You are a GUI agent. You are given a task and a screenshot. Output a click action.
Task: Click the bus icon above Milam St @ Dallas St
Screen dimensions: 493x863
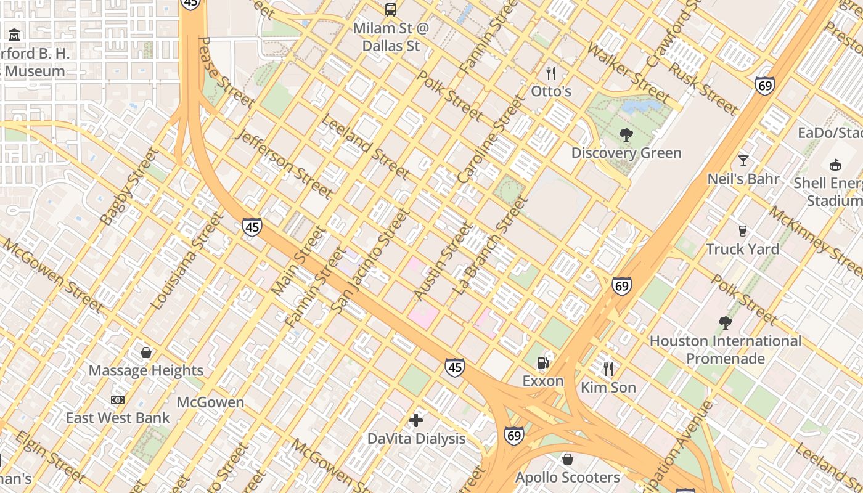click(x=391, y=9)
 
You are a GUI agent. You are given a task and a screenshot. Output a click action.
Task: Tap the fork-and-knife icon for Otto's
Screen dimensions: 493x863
click(x=551, y=73)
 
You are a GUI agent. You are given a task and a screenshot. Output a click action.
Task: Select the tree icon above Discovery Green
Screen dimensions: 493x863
click(x=626, y=134)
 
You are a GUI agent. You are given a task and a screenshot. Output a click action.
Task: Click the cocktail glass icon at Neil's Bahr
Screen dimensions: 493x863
click(x=743, y=161)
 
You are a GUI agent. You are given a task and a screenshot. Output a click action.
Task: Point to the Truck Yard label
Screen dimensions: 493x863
click(x=742, y=249)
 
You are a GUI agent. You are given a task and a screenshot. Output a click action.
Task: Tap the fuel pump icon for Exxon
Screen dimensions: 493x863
click(x=543, y=362)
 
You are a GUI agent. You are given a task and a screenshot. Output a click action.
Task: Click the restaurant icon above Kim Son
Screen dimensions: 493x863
click(x=608, y=369)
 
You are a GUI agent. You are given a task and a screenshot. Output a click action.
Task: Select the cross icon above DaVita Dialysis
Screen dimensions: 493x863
click(x=416, y=420)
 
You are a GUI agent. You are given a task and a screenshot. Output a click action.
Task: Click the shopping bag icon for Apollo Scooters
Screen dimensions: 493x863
click(x=568, y=459)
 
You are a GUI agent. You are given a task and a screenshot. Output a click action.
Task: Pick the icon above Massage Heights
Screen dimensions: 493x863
click(x=146, y=352)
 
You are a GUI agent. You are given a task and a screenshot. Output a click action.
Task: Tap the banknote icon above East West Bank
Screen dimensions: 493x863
click(x=118, y=400)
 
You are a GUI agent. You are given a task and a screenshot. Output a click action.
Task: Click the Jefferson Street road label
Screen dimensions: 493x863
click(x=285, y=163)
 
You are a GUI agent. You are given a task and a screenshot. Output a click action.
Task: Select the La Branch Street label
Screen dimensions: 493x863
click(x=491, y=244)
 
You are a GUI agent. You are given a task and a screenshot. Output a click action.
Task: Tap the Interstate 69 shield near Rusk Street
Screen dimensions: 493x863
click(x=764, y=86)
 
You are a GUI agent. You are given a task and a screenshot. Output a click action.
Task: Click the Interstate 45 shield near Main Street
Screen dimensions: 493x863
click(x=252, y=227)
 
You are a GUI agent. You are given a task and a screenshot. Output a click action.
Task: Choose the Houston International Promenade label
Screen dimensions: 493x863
click(x=725, y=349)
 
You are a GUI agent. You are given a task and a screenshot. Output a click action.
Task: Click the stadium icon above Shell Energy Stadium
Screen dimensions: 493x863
click(x=835, y=165)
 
